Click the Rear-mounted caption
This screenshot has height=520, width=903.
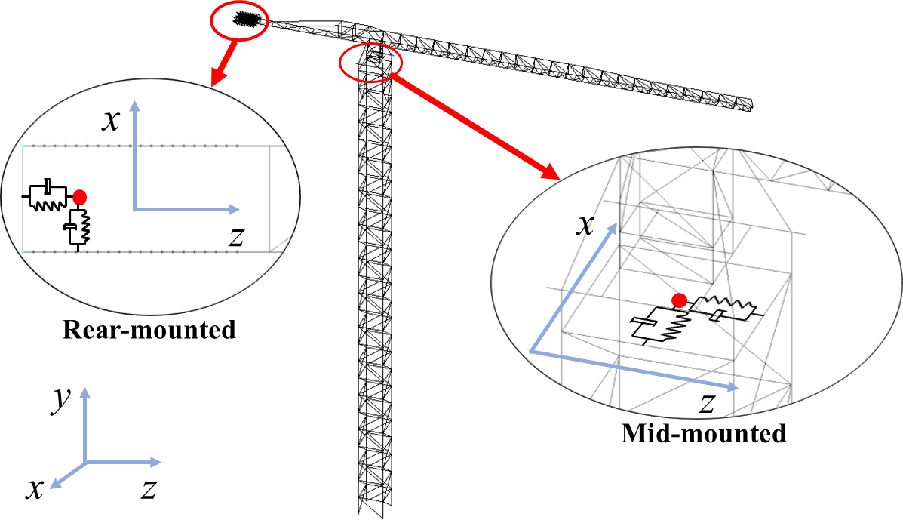click(x=149, y=331)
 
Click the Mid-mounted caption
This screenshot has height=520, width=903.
click(x=703, y=434)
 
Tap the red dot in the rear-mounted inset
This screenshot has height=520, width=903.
click(x=80, y=197)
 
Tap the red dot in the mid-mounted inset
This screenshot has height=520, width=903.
click(x=679, y=300)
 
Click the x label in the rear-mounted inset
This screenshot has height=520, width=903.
click(x=111, y=121)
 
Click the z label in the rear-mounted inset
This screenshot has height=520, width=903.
click(x=235, y=236)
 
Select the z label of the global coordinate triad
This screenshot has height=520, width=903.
click(x=149, y=490)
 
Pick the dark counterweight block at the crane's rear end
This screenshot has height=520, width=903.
click(x=247, y=19)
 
